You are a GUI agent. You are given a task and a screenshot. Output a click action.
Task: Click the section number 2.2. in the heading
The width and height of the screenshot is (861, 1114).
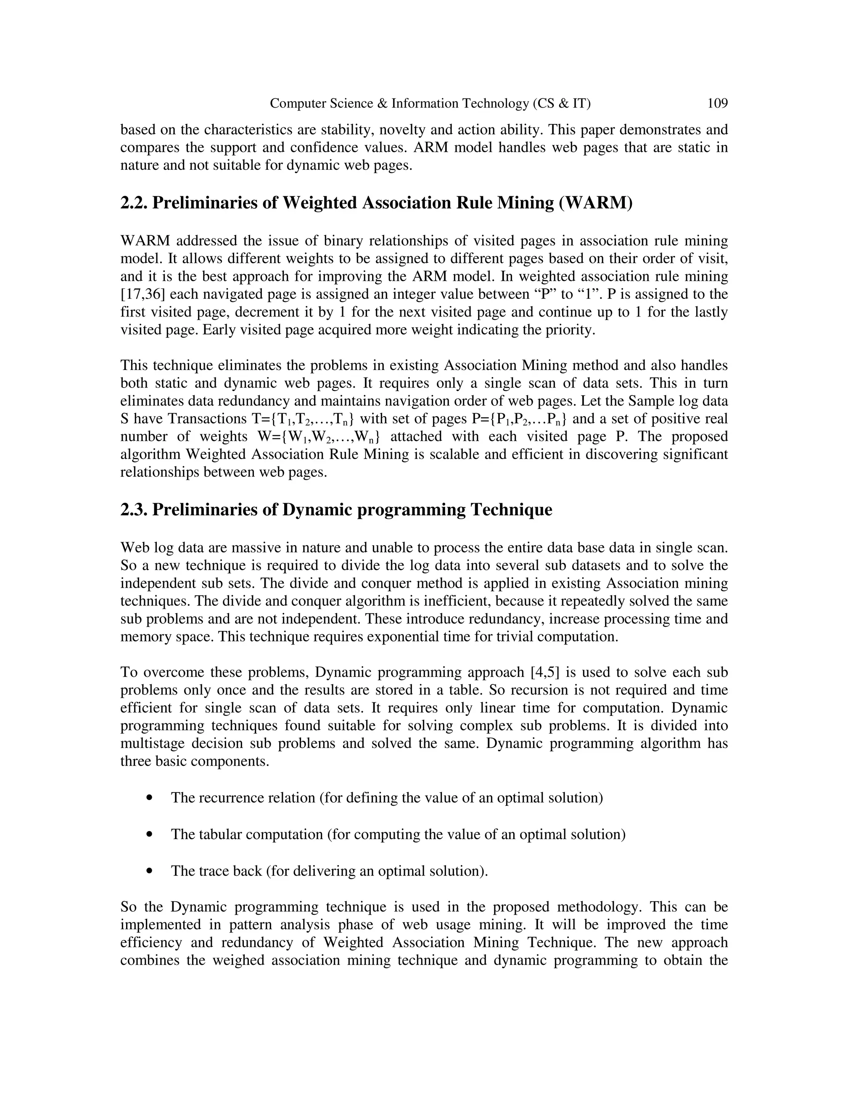tap(134, 203)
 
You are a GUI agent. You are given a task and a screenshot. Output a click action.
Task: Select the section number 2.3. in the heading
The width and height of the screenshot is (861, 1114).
tap(134, 509)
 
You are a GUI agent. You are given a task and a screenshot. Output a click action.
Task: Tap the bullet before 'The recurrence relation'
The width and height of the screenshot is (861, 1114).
tap(149, 798)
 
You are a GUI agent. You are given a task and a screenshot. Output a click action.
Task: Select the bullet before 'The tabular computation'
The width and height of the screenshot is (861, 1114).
tap(149, 834)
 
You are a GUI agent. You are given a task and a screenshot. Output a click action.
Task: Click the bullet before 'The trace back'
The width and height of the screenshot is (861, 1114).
tap(149, 871)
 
